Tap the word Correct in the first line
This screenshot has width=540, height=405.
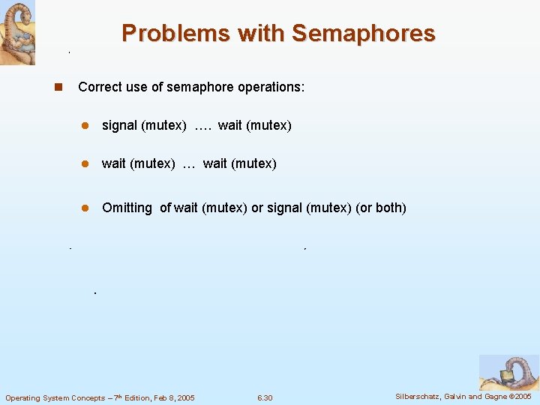(99, 87)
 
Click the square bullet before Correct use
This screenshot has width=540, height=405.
(57, 87)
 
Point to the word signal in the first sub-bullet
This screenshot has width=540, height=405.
(119, 125)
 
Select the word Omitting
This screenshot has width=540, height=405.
(127, 208)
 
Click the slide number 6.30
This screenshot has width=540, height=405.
(265, 397)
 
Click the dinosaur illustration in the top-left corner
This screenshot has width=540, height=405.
(17, 32)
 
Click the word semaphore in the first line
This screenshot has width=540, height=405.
(199, 87)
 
